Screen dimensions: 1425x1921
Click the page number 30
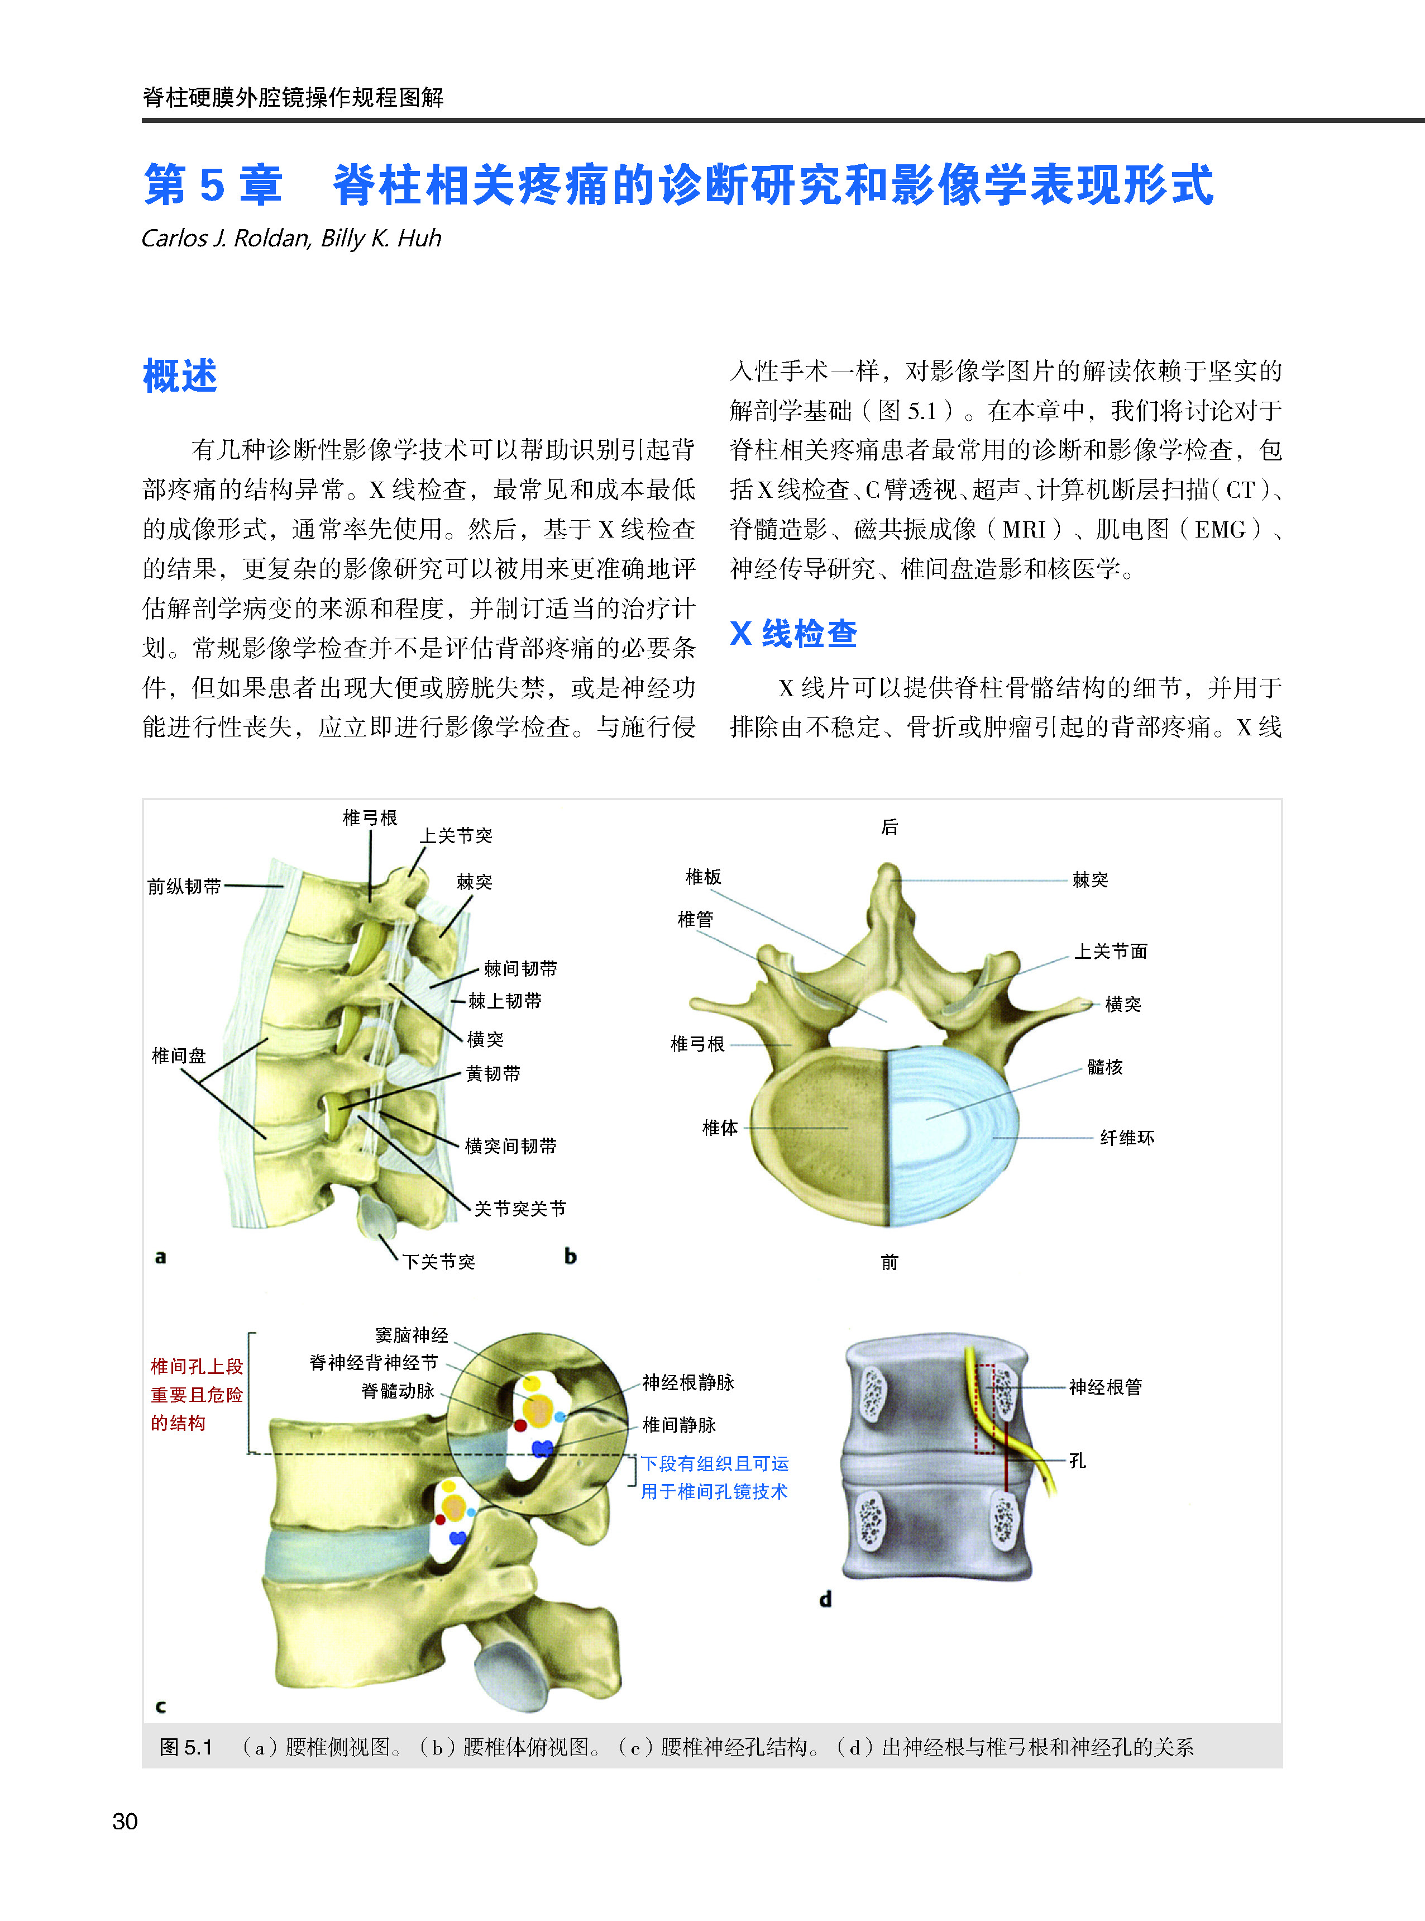(x=125, y=1821)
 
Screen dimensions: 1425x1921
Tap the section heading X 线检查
(x=793, y=634)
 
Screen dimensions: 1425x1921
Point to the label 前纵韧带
(x=184, y=886)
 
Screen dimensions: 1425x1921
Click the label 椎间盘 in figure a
(x=179, y=1055)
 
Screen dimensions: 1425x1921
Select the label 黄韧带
(x=494, y=1073)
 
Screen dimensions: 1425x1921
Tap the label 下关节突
(x=439, y=1262)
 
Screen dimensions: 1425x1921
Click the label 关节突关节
(x=520, y=1208)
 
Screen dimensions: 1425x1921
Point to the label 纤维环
(x=1127, y=1138)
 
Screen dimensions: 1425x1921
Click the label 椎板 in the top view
(x=703, y=877)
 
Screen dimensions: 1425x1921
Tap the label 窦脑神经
(x=412, y=1335)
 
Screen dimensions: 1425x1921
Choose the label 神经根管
(x=1105, y=1387)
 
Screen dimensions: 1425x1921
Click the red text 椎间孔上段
(x=197, y=1366)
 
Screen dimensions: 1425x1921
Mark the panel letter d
(x=825, y=1599)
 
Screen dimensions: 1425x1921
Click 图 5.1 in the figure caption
(x=185, y=1748)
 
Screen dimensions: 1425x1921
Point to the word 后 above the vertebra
(x=890, y=827)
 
